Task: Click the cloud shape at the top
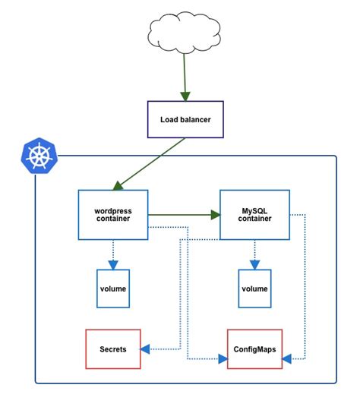point(184,33)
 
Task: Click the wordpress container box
point(112,215)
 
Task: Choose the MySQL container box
point(254,215)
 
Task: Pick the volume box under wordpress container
point(112,289)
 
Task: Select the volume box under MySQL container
point(254,289)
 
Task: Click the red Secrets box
point(112,349)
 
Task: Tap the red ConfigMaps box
point(254,349)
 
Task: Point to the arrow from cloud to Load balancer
point(184,76)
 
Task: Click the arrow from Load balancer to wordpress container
point(150,163)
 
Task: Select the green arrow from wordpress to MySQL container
point(182,215)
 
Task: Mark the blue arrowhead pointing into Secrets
point(145,349)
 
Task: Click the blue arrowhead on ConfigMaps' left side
point(223,357)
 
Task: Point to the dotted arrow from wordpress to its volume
point(112,254)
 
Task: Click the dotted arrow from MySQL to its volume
point(254,254)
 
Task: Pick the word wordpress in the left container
point(112,210)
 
